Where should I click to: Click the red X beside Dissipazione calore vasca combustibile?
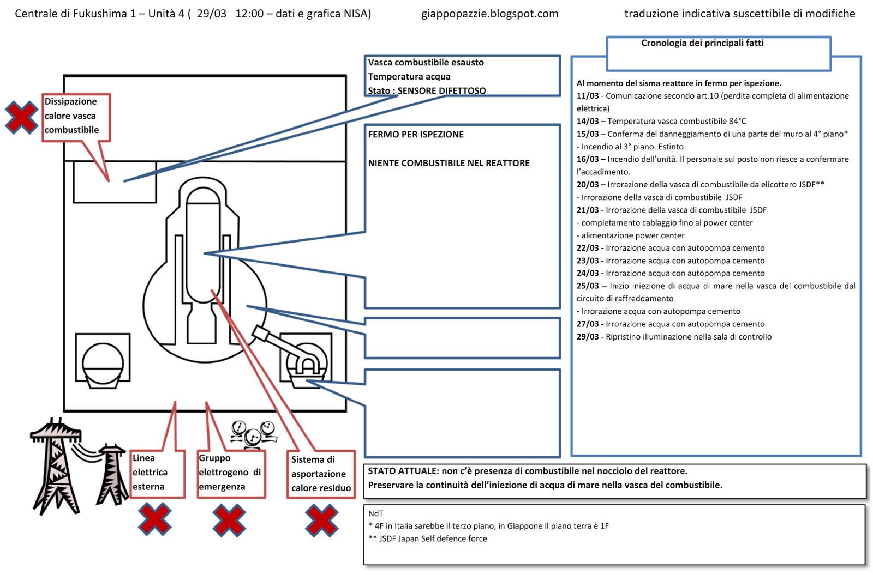pyautogui.click(x=21, y=117)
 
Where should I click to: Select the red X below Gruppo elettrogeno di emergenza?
pyautogui.click(x=229, y=520)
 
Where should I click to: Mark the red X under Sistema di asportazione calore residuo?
pyautogui.click(x=322, y=520)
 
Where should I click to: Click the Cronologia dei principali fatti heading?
pyautogui.click(x=702, y=43)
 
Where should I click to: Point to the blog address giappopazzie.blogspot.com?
pyautogui.click(x=489, y=14)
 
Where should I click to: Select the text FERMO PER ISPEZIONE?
pyautogui.click(x=416, y=134)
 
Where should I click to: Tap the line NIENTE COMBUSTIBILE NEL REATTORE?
pyautogui.click(x=449, y=163)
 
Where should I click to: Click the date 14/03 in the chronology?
pyautogui.click(x=588, y=121)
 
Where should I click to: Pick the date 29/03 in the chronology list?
pyautogui.click(x=588, y=337)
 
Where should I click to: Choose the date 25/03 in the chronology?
pyautogui.click(x=588, y=286)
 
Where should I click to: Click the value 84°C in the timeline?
pyautogui.click(x=737, y=121)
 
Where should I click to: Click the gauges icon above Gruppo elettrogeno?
pyautogui.click(x=254, y=433)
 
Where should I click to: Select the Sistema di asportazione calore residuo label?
pyautogui.click(x=321, y=474)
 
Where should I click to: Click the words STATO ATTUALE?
pyautogui.click(x=403, y=471)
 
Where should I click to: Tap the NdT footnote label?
pyautogui.click(x=376, y=513)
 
